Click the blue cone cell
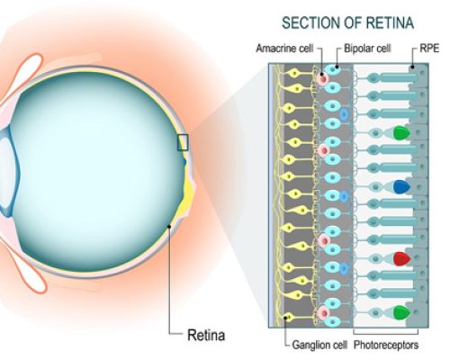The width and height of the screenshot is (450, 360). tap(401, 186)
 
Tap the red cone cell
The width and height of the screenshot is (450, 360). tap(401, 259)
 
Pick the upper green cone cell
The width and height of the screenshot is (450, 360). tap(401, 133)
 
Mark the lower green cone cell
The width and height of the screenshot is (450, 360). tap(401, 312)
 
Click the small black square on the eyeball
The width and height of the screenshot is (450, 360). tap(184, 141)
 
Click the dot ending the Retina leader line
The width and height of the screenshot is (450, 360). tap(170, 226)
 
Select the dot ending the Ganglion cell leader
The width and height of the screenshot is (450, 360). tap(287, 316)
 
